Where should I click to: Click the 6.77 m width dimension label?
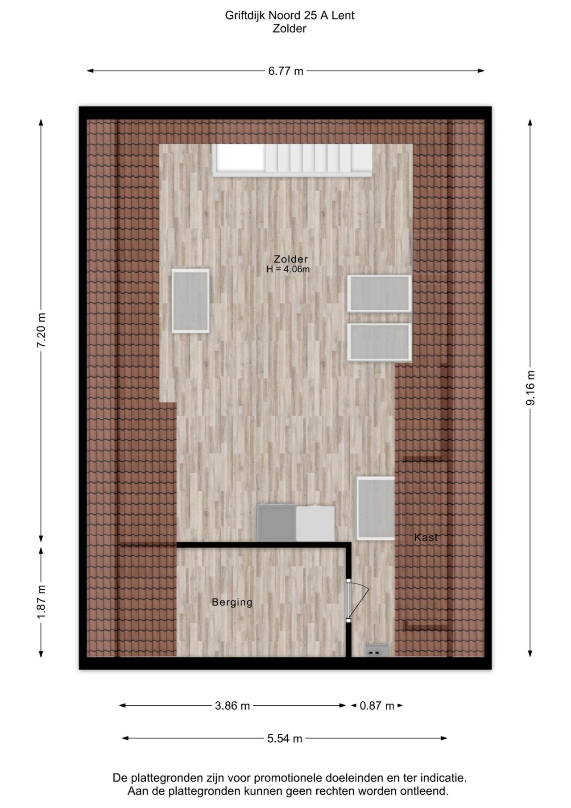tap(285, 71)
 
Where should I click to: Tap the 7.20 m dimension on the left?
tap(41, 330)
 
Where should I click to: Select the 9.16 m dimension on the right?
tap(530, 388)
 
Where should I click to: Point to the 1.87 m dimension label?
tap(41, 602)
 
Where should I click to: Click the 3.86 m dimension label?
tap(232, 706)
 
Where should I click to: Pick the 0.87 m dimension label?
tap(377, 706)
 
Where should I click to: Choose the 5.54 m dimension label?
tap(285, 738)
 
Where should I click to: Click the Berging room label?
tap(232, 602)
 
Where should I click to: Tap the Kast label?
tap(426, 537)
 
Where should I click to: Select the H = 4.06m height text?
tap(288, 270)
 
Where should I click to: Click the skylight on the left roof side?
tap(190, 300)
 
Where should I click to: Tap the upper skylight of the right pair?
tap(379, 293)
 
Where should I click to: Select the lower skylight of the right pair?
tap(379, 342)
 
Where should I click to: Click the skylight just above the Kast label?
tap(375, 508)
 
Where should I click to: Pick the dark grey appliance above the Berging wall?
tap(277, 522)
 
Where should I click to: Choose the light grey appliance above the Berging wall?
tap(315, 523)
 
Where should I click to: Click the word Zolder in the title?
tap(290, 29)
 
